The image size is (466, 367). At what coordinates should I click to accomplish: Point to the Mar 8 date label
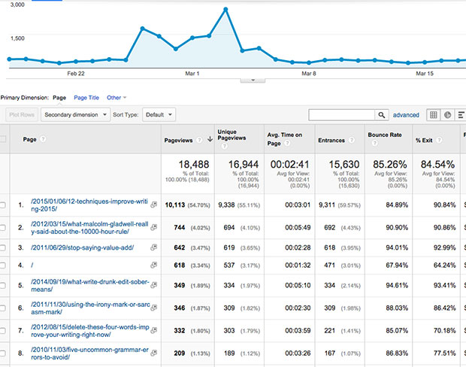pos(308,74)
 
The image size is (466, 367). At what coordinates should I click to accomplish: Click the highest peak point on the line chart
pos(225,10)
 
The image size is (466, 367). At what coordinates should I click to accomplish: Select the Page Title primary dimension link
pos(86,98)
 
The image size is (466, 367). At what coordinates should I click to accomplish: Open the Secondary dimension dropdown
pos(73,115)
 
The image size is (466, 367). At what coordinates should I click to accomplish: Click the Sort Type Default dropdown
pos(159,115)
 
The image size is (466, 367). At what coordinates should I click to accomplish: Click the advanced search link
pos(406,115)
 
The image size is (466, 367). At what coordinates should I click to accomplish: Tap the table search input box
pos(346,115)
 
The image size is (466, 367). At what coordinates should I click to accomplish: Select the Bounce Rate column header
pos(384,139)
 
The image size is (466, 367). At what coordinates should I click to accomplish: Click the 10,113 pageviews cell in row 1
pos(180,204)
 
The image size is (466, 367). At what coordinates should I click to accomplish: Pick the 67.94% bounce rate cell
pos(391,265)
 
